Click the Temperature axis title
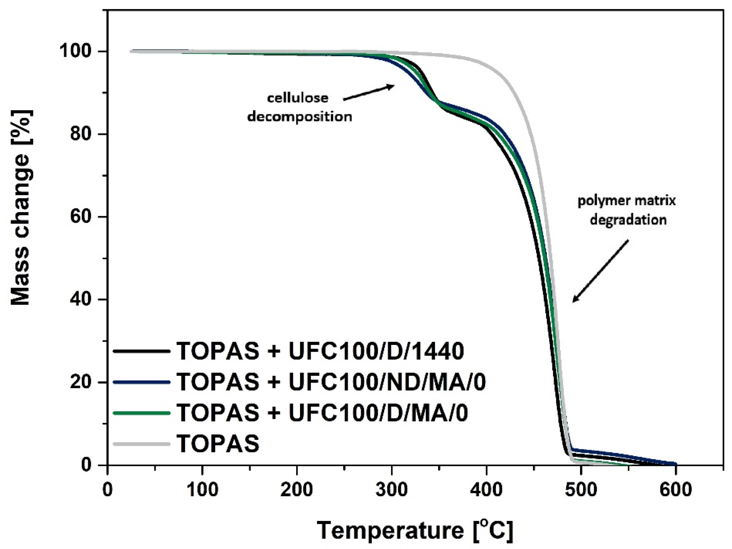415,530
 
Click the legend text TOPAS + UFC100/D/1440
320,351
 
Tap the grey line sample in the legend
141,444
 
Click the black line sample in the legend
141,351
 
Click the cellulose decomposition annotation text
299,107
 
